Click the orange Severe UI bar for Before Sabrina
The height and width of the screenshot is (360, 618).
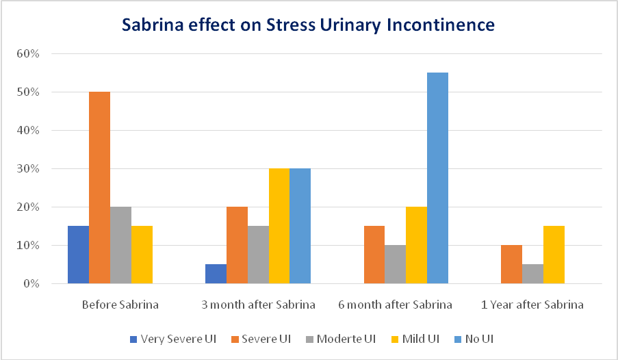(99, 188)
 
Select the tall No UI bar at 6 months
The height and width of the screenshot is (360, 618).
(437, 178)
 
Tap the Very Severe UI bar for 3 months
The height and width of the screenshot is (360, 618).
(216, 274)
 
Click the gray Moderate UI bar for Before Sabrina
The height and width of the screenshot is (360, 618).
(120, 245)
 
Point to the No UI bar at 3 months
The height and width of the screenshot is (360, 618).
(300, 226)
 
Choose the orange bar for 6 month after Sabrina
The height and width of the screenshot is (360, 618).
(374, 255)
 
